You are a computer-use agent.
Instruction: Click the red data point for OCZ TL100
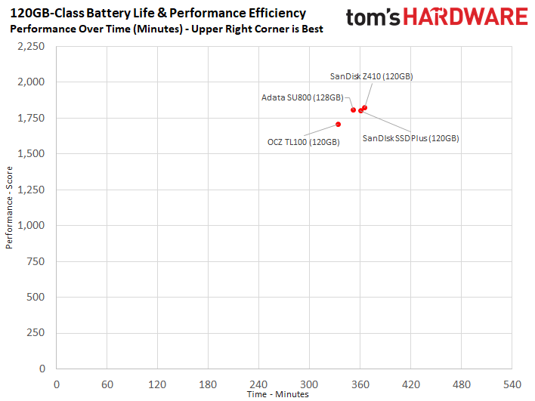click(x=338, y=125)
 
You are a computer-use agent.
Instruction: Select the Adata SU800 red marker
click(x=353, y=110)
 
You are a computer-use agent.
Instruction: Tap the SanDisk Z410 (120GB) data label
click(x=371, y=76)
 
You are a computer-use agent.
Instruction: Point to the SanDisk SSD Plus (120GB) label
click(x=410, y=138)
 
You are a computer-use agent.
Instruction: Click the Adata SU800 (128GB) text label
click(x=302, y=97)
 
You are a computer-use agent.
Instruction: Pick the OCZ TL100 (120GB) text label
click(x=303, y=142)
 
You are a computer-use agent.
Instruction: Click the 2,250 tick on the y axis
click(x=31, y=46)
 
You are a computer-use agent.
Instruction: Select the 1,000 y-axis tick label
click(x=31, y=225)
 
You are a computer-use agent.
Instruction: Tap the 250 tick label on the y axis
click(x=36, y=333)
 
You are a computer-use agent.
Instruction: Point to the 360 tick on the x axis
click(x=360, y=384)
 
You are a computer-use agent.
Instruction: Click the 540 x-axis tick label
click(x=512, y=384)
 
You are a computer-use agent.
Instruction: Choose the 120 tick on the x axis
click(x=157, y=384)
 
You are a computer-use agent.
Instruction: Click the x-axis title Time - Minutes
click(x=278, y=394)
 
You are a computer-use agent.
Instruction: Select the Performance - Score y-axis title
click(x=9, y=208)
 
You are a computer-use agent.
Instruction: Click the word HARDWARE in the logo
click(x=465, y=17)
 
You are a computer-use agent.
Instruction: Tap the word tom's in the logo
click(x=373, y=17)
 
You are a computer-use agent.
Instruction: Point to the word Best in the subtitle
click(x=312, y=29)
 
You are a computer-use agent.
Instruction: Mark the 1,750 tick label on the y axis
click(x=31, y=118)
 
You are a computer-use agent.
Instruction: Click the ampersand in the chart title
click(x=162, y=14)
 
